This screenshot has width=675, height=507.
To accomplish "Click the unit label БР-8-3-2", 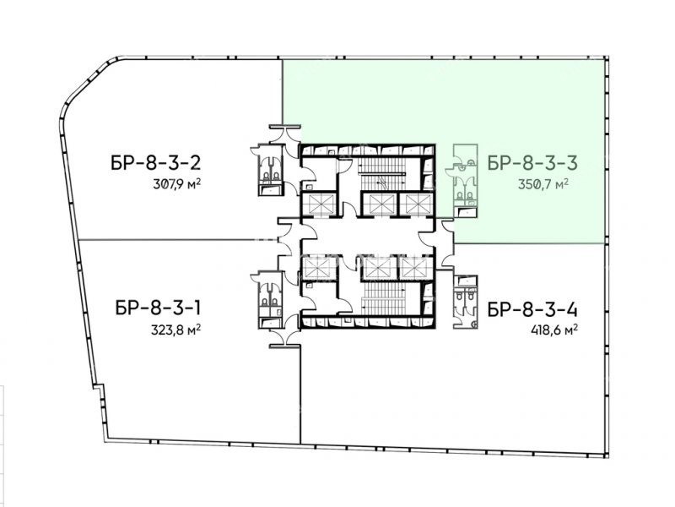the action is [x=156, y=163].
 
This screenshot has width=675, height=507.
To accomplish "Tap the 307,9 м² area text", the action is [x=177, y=184].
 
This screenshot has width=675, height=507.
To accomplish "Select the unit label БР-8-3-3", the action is [x=532, y=163].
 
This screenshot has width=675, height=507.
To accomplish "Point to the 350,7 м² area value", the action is [x=543, y=184].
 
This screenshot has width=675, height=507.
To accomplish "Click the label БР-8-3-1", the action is [x=158, y=308].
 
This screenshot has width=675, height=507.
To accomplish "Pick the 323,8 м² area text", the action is [x=175, y=330].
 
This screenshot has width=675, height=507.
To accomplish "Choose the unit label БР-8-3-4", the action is [x=532, y=309].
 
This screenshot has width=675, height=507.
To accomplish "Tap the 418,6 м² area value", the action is [x=554, y=330].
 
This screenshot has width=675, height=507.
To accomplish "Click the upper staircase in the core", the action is [x=382, y=173].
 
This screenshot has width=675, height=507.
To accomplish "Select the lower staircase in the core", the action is [x=385, y=299].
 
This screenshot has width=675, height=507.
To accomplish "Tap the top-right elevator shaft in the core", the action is [x=417, y=204].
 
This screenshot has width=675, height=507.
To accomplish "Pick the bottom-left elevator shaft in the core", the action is [x=319, y=268].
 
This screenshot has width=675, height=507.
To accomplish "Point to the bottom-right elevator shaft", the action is [x=415, y=268].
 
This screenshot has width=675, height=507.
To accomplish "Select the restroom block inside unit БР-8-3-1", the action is [x=270, y=300].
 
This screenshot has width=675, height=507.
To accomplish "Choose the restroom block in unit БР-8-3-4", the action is [x=466, y=302].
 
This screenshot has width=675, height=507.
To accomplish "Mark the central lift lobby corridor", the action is [x=368, y=237].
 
